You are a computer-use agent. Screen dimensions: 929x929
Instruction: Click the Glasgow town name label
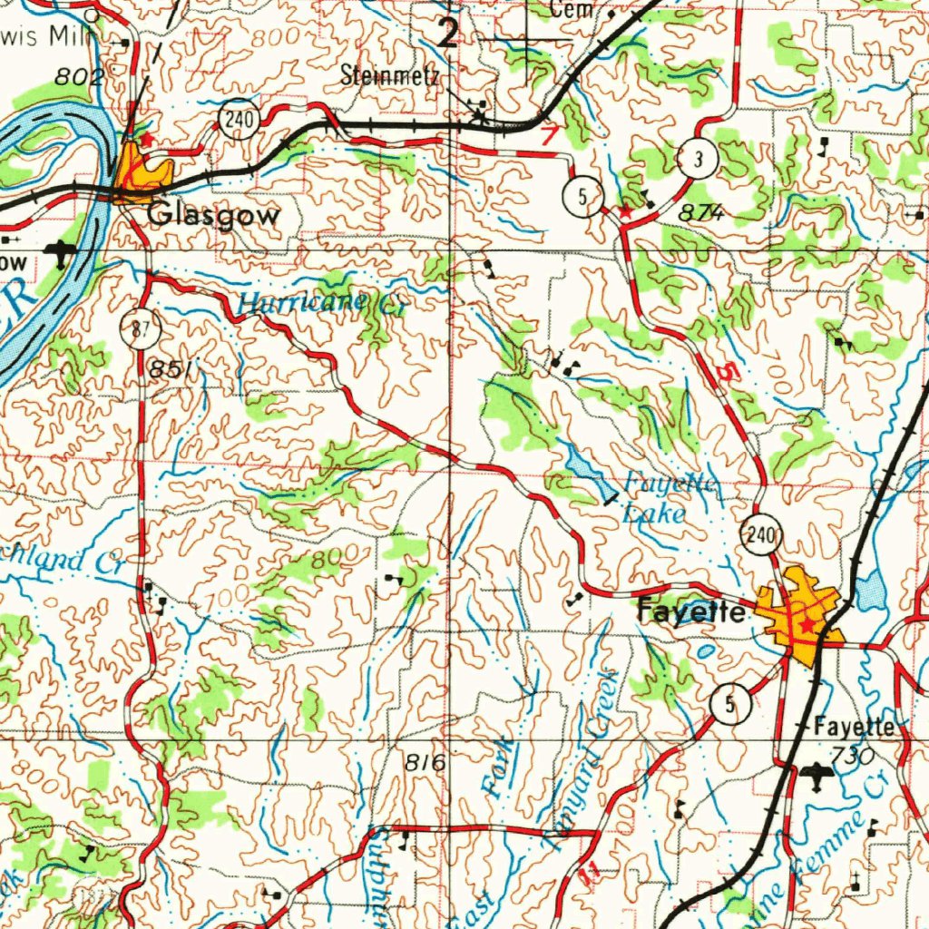pos(214,215)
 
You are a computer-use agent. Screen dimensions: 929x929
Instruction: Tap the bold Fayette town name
pos(692,612)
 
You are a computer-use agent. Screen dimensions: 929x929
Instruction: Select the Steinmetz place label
pos(390,76)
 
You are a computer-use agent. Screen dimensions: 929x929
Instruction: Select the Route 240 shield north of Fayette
pos(761,537)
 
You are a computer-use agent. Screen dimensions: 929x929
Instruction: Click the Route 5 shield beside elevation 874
pos(582,194)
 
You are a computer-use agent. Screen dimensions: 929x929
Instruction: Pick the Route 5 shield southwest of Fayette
pos(730,704)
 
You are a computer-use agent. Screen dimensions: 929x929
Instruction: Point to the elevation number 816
pos(425,763)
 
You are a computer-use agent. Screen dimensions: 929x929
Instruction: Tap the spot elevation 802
pos(78,77)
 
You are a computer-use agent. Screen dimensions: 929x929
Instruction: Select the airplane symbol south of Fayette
pos(818,777)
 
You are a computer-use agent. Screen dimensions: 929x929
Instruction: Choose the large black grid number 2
pos(448,34)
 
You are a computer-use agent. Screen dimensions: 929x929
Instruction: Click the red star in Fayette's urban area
pos(807,626)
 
